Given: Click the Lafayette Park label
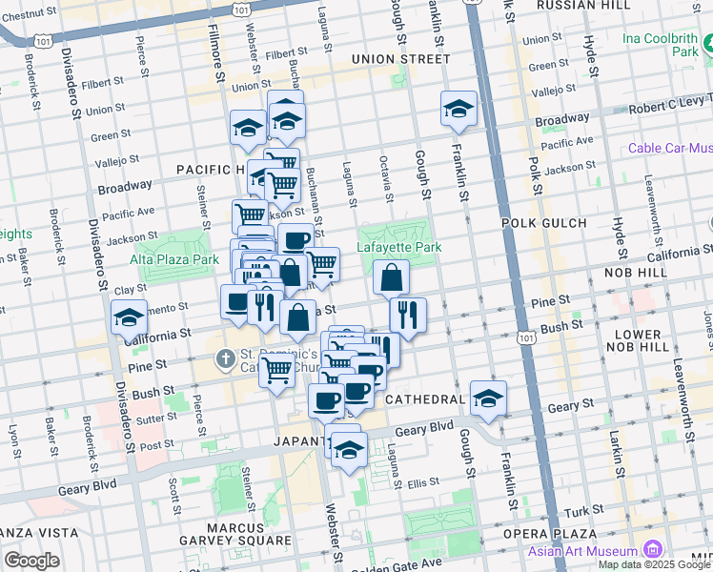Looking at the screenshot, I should [399, 248].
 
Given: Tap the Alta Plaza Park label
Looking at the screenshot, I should [173, 257].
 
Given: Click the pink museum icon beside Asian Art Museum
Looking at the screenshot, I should [652, 549].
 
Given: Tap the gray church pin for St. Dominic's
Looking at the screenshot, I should [224, 359].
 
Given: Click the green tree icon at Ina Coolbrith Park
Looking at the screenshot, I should [705, 45].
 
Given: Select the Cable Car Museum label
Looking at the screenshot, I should [670, 148].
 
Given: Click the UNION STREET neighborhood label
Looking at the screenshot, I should [399, 59].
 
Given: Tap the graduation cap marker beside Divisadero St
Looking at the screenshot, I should [129, 317].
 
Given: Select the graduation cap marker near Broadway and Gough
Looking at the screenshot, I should [458, 110].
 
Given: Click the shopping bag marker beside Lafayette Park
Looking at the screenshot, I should [391, 277].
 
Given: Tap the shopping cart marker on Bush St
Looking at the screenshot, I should [276, 369].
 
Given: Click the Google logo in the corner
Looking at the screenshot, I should [31, 560].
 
